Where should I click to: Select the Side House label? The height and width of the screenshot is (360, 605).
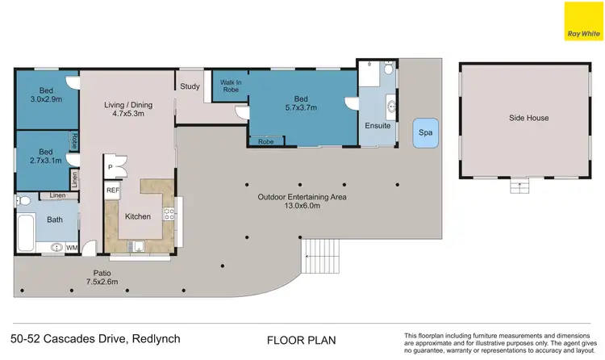click(528, 118)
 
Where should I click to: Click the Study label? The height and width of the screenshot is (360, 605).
click(190, 86)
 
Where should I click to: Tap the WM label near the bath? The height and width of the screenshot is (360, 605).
click(71, 248)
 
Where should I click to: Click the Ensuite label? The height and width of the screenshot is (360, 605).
click(378, 126)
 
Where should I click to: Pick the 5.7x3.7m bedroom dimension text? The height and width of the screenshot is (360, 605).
click(302, 106)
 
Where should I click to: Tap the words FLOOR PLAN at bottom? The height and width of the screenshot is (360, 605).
click(301, 340)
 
